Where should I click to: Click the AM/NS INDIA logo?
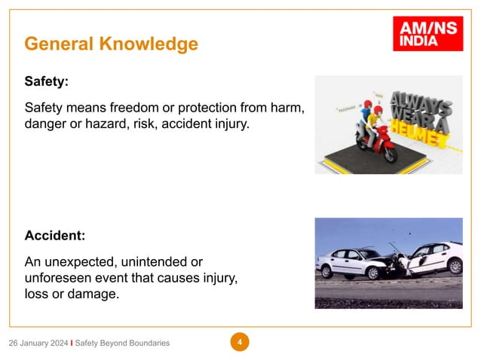tap(427, 34)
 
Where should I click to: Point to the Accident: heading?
tap(55, 236)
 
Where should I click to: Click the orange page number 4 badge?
tap(240, 343)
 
